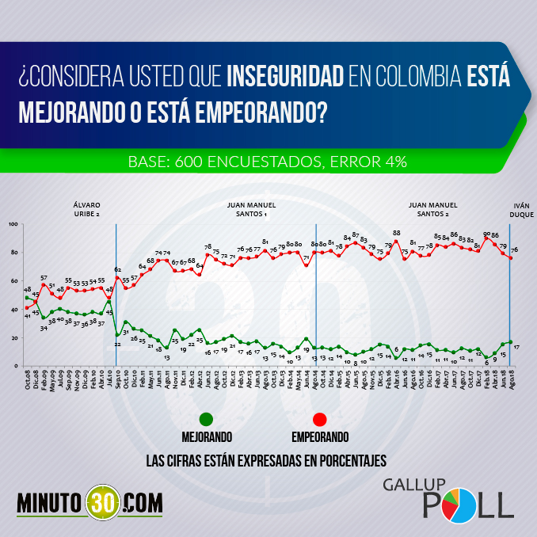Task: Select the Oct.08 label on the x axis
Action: (27, 379)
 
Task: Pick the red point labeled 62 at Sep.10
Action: (117, 277)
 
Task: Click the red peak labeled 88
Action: (397, 241)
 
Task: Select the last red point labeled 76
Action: (510, 257)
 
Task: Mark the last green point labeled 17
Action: (510, 342)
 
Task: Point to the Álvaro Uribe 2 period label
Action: (86, 208)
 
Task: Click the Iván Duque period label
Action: (519, 208)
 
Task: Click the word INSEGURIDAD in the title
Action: (287, 78)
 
